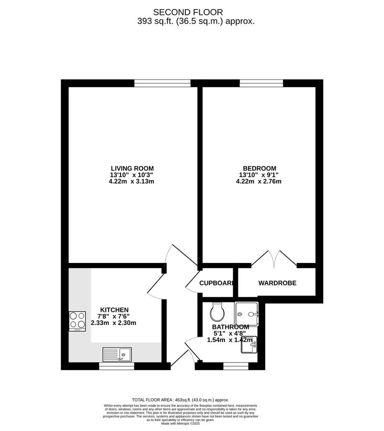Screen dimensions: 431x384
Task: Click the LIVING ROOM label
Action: point(132,168)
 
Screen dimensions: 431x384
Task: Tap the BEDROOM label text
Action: point(260,168)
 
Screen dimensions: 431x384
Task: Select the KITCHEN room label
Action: point(114,310)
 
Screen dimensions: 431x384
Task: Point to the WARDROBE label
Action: point(277,283)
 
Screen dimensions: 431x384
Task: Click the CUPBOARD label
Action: point(216,283)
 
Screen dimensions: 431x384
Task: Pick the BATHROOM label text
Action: point(230,327)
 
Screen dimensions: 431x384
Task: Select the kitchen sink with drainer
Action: point(117,354)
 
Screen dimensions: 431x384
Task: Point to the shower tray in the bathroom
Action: point(247,314)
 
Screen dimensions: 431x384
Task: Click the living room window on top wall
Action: point(162,83)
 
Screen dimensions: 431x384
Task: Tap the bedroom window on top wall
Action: point(261,83)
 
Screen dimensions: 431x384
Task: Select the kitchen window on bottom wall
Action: point(116,366)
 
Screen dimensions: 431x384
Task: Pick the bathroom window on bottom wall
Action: point(236,366)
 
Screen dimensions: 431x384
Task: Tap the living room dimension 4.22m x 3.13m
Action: point(132,181)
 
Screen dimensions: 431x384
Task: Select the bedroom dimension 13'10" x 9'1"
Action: point(260,175)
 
